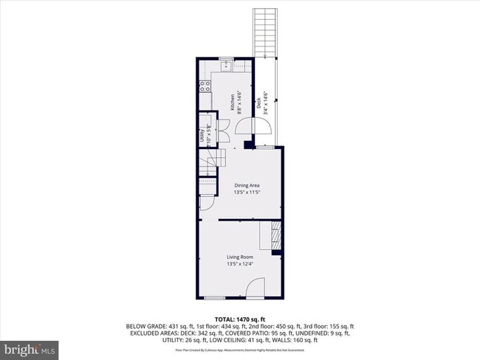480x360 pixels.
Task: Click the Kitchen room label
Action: [232, 103]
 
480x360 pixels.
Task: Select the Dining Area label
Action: [247, 185]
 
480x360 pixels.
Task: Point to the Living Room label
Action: [240, 257]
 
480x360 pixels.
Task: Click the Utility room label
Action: [202, 136]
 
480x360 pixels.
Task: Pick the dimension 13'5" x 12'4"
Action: [240, 263]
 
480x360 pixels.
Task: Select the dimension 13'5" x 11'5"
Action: [247, 192]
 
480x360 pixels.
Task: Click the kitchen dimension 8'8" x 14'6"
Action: [239, 103]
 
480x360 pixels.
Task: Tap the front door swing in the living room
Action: [255, 288]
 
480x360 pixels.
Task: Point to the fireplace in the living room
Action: [275, 237]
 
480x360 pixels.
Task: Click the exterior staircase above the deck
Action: [264, 32]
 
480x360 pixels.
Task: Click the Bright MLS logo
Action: [30, 347]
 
